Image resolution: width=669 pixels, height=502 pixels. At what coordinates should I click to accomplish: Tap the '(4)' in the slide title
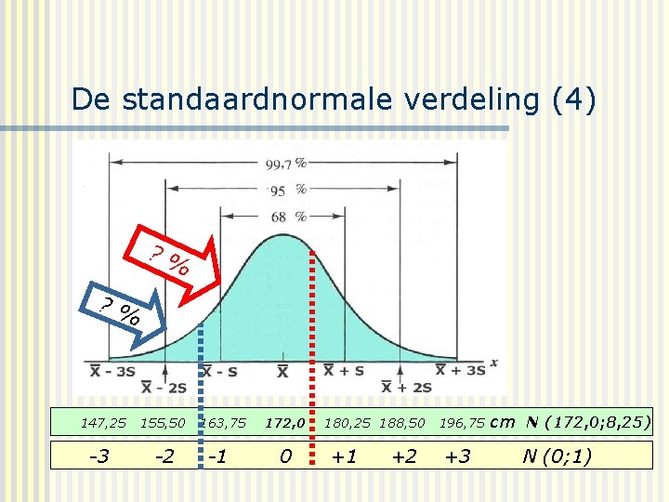(572, 99)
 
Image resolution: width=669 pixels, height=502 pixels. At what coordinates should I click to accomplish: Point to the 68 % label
(289, 217)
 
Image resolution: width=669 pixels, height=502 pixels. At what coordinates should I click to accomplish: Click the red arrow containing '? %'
(177, 261)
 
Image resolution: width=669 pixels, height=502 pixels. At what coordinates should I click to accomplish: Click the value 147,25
(103, 423)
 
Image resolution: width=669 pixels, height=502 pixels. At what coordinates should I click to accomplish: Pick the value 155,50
(163, 423)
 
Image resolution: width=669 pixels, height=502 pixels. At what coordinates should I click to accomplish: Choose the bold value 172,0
(285, 423)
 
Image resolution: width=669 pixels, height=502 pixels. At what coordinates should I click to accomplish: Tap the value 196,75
(462, 423)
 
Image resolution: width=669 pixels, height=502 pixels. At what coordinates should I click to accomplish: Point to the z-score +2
(403, 456)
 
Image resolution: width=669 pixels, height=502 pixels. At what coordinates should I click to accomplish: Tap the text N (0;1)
(557, 456)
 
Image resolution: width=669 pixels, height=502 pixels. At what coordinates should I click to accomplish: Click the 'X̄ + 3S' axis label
(461, 370)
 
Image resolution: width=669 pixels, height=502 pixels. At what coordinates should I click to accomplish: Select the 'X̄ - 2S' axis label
(164, 387)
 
